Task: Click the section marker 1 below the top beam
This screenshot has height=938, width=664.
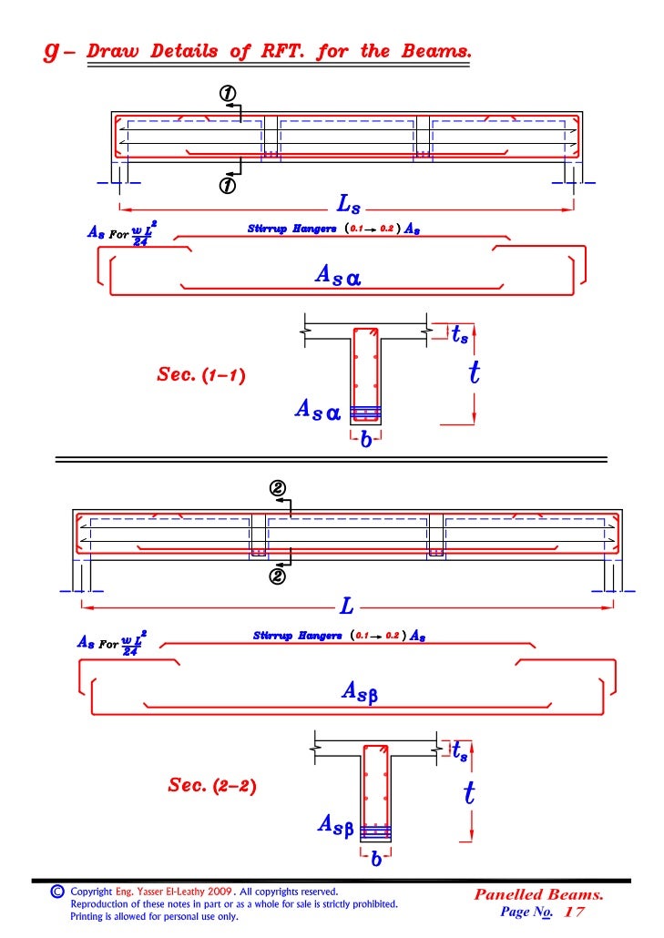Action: point(227,186)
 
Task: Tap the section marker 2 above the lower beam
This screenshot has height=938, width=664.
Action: point(278,488)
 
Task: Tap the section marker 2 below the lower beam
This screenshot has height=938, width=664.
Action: point(278,576)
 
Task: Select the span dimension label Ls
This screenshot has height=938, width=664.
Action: point(348,207)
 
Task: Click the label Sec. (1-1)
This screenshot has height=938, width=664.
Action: point(200,374)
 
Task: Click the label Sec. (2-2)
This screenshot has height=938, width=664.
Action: point(211,785)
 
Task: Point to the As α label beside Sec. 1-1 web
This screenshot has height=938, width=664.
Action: point(317,412)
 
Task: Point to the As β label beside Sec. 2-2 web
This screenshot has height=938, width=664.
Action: point(335,825)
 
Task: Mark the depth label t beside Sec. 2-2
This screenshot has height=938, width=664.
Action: point(468,793)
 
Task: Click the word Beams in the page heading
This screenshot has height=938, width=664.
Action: point(439,51)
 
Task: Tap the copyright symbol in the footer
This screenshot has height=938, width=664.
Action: point(56,892)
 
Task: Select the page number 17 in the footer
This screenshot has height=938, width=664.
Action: point(575,912)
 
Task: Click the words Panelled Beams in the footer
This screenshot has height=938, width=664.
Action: point(538,894)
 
